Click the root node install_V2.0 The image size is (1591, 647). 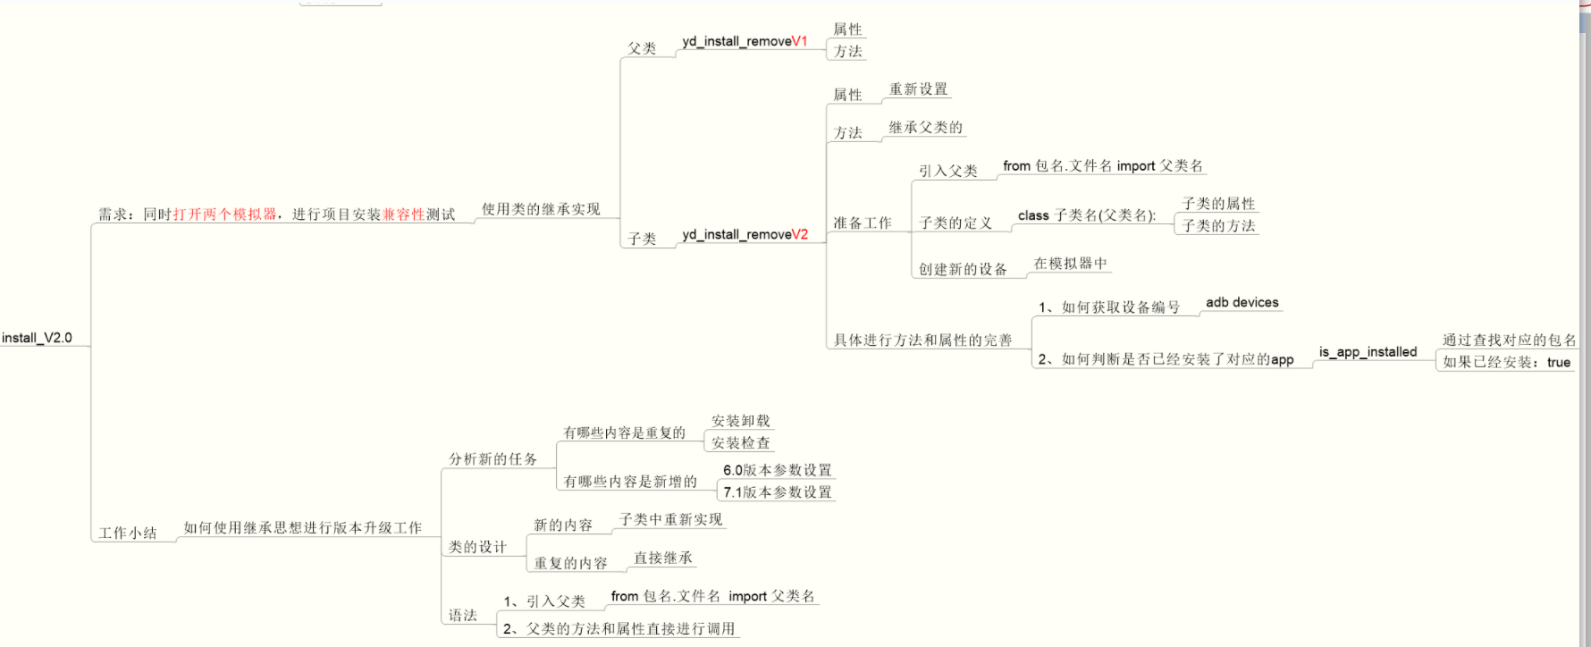[x=37, y=338]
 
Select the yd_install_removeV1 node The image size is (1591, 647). [x=745, y=41]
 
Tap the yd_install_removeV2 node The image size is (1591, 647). [x=745, y=235]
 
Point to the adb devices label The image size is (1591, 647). [x=1242, y=303]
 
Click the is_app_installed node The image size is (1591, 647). [x=1368, y=352]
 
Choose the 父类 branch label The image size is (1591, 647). [x=641, y=48]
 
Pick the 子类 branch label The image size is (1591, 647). [x=641, y=239]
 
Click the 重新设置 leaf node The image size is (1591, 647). [x=918, y=89]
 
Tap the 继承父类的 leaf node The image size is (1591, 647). [x=925, y=128]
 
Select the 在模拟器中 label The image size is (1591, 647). [x=1070, y=264]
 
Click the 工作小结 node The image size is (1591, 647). [x=128, y=533]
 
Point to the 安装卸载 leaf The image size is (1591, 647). [x=740, y=421]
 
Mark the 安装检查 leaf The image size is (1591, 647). [x=740, y=443]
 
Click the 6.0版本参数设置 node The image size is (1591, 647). [x=777, y=470]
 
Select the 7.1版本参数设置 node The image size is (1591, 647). [x=777, y=492]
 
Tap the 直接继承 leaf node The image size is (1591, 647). [x=662, y=559]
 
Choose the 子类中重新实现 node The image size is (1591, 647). [x=670, y=520]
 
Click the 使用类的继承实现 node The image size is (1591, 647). [x=541, y=209]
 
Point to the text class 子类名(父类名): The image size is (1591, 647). [x=1086, y=215]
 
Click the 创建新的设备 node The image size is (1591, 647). [x=963, y=269]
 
